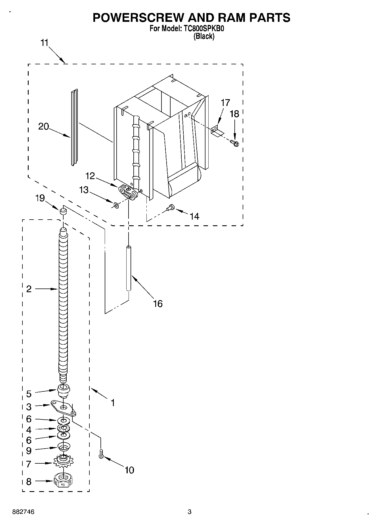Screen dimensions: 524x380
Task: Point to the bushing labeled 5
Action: tap(63, 391)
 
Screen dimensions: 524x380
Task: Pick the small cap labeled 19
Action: tap(63, 211)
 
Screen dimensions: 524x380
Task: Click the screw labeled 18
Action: tap(235, 143)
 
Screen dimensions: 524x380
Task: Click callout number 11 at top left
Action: tap(44, 43)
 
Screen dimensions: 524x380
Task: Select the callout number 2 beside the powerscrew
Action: tap(29, 289)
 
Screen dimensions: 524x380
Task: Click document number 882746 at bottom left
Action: tap(24, 512)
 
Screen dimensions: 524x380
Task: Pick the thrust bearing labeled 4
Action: tap(63, 428)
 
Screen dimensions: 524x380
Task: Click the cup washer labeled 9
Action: tap(63, 447)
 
